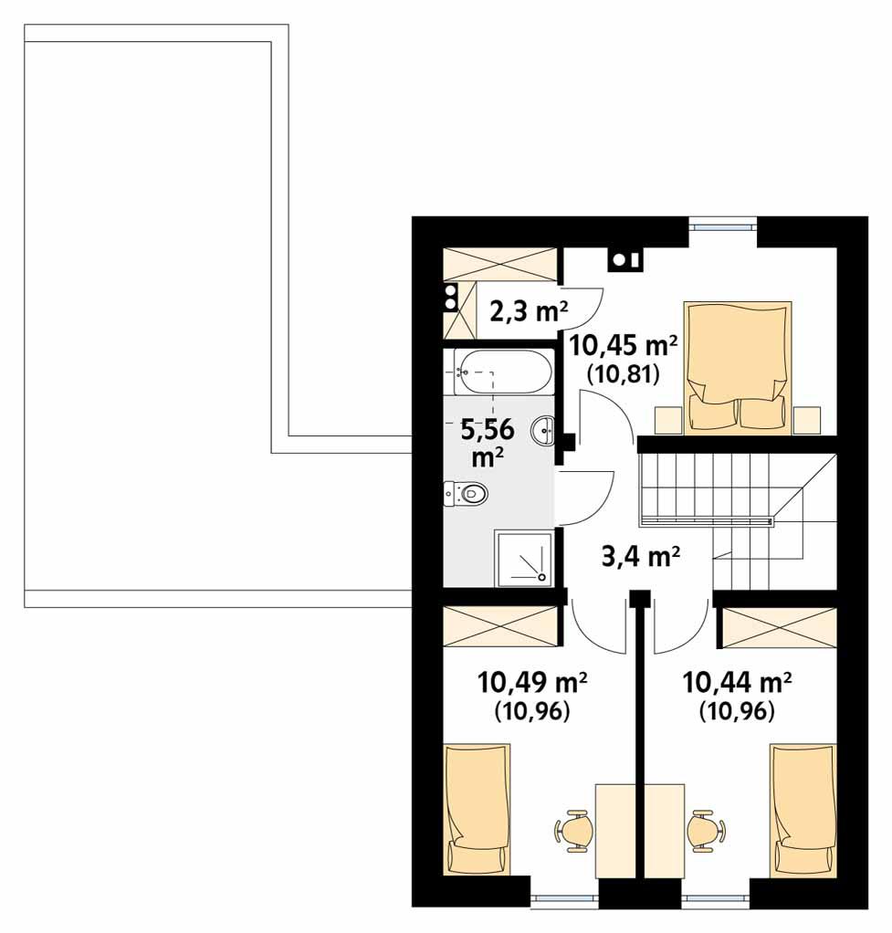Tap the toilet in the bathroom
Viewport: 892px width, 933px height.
pos(467,494)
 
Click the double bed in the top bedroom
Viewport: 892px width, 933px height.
pos(738,366)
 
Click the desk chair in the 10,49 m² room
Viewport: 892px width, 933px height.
pos(575,831)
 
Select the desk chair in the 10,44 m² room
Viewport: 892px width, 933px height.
pos(706,831)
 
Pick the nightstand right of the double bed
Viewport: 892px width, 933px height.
pos(807,420)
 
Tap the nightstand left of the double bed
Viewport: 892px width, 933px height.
pos(669,420)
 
